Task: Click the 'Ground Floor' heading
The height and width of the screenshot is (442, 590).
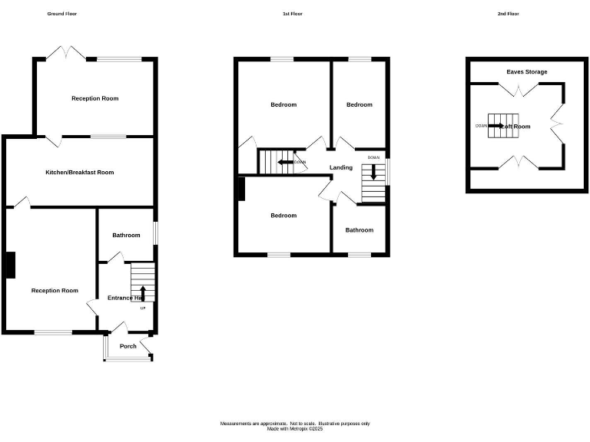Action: pyautogui.click(x=62, y=14)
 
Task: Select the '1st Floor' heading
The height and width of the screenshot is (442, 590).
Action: pyautogui.click(x=293, y=14)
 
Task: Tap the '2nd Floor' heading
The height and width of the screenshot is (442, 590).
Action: pyautogui.click(x=509, y=14)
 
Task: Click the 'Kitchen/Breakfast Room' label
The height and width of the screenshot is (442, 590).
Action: pyautogui.click(x=79, y=173)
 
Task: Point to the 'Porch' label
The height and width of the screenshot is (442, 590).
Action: pyautogui.click(x=128, y=346)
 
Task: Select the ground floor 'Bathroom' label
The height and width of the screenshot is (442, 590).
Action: pyautogui.click(x=127, y=236)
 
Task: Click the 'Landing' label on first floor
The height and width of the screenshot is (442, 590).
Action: pyautogui.click(x=341, y=167)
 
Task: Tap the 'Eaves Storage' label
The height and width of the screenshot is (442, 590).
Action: pyautogui.click(x=527, y=72)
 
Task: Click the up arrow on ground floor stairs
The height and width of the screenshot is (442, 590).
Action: pyautogui.click(x=143, y=292)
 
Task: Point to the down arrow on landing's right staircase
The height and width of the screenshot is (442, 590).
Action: pyautogui.click(x=374, y=173)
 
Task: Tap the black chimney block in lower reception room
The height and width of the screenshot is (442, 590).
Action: pyautogui.click(x=11, y=265)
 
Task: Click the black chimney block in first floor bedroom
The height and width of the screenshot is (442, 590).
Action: pyautogui.click(x=241, y=189)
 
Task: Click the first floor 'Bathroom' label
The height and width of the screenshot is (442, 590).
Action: pyautogui.click(x=359, y=230)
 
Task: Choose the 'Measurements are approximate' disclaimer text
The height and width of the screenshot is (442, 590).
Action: pyautogui.click(x=295, y=424)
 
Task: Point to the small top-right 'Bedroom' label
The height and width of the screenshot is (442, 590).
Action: pyautogui.click(x=359, y=105)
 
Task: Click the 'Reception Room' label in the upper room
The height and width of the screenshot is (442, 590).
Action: pyautogui.click(x=95, y=98)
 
